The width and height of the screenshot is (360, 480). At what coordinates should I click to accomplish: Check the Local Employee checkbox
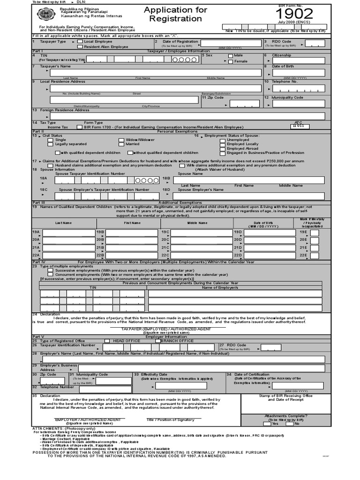[80, 42]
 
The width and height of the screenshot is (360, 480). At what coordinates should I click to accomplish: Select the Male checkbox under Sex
[230, 56]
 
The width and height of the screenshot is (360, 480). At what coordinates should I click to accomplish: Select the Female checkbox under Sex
[230, 61]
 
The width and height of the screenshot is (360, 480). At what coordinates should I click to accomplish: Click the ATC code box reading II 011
[298, 126]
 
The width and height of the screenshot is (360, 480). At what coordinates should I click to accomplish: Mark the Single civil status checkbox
[51, 140]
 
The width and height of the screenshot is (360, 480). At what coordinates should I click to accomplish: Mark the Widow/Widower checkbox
[121, 140]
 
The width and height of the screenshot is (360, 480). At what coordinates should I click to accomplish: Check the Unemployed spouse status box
[223, 140]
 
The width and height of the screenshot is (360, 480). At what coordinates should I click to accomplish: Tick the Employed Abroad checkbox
[223, 149]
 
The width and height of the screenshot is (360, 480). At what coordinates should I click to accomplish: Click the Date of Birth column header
[263, 224]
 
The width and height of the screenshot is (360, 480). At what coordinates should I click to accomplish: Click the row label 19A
[36, 232]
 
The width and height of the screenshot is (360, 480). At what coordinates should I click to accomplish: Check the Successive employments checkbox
[51, 270]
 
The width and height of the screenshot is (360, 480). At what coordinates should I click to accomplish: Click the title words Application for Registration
[169, 14]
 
